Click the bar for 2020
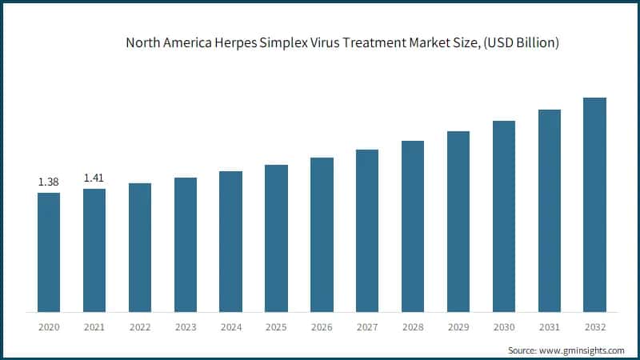(x=49, y=252)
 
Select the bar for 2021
(x=94, y=250)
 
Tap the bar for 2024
(x=230, y=241)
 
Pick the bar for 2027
(x=367, y=230)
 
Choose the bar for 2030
(x=503, y=216)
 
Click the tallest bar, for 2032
(x=594, y=204)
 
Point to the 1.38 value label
(x=49, y=182)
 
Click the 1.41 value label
(x=94, y=178)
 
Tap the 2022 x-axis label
(x=140, y=327)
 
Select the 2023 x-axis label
(x=186, y=327)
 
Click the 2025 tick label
(x=276, y=327)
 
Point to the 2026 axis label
(x=322, y=327)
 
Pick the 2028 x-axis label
(x=413, y=327)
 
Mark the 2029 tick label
(x=458, y=327)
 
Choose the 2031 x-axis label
(x=549, y=327)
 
